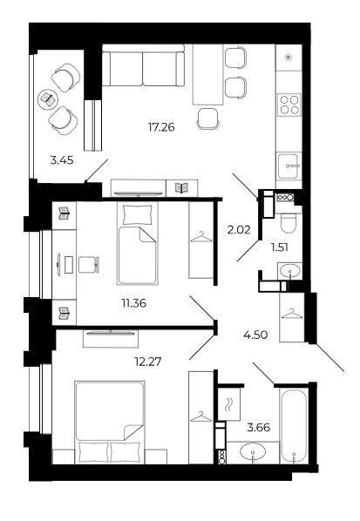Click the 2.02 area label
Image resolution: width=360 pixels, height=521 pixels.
point(238,231)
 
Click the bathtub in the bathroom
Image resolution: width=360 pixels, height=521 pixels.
point(291,427)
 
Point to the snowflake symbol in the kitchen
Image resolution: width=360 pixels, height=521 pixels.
point(289,58)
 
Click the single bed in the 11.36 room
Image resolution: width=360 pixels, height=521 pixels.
point(137,243)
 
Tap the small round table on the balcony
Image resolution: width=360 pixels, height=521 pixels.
point(46,98)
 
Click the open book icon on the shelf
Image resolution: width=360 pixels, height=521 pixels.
point(181,186)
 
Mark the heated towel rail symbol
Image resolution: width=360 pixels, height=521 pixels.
point(228,404)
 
